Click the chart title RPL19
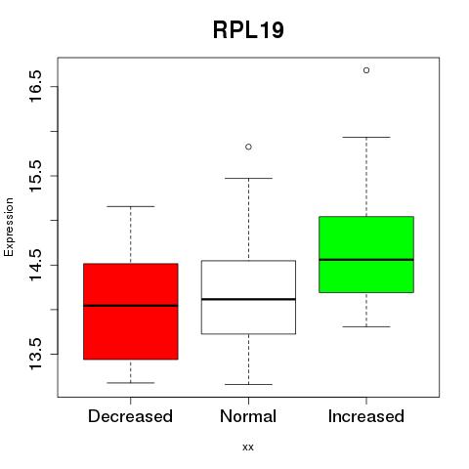click(x=248, y=30)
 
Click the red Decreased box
click(x=131, y=312)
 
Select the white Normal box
click(x=248, y=297)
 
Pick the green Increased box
click(x=366, y=254)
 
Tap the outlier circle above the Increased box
click(x=366, y=70)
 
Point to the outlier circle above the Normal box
click(x=248, y=147)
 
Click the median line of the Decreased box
click(x=131, y=306)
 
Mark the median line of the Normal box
click(x=248, y=299)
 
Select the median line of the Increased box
click(x=366, y=260)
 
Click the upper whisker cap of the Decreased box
click(x=131, y=206)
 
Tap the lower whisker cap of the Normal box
click(x=248, y=384)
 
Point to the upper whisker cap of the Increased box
click(x=366, y=137)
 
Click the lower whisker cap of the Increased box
click(x=366, y=326)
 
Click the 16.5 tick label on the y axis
click(x=35, y=86)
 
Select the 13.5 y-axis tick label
click(x=35, y=354)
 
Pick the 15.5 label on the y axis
click(x=35, y=176)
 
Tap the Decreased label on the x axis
click(x=130, y=416)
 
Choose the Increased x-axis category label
click(x=366, y=416)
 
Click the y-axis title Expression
click(x=9, y=227)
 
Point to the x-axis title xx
click(x=248, y=448)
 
